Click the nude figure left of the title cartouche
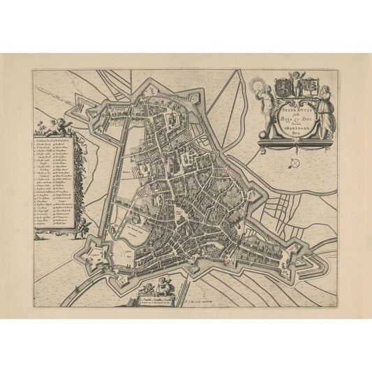[267, 115]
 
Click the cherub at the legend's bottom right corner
[83, 227]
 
